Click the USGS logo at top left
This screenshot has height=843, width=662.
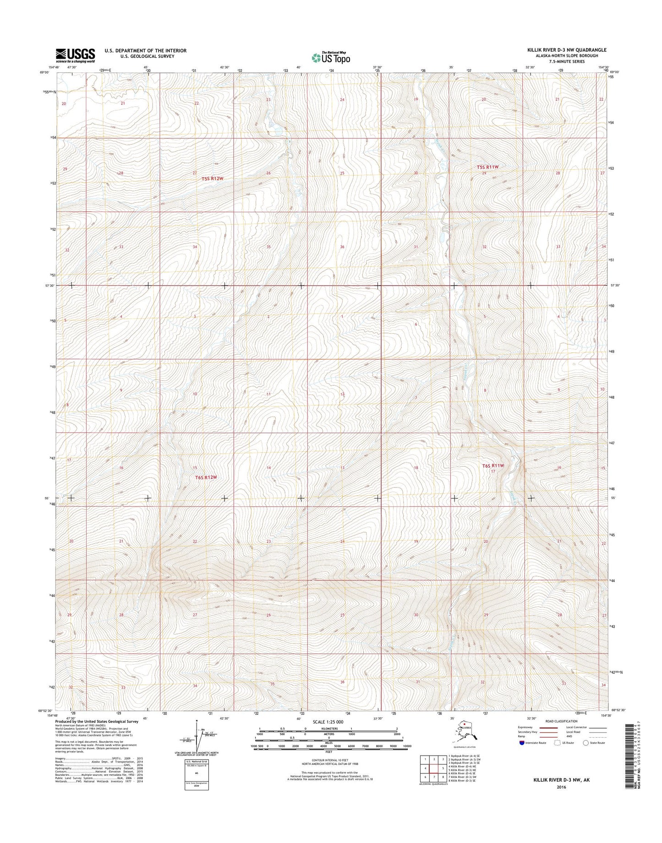click(75, 55)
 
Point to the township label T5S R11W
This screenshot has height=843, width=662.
click(487, 168)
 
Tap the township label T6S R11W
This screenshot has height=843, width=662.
click(493, 465)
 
